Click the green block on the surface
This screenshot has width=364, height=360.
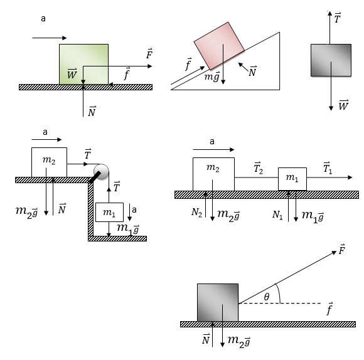pyautogui.click(x=83, y=64)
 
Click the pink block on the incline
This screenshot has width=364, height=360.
pyautogui.click(x=219, y=46)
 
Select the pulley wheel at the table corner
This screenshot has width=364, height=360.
pyautogui.click(x=101, y=172)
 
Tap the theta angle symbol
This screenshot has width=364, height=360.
pyautogui.click(x=267, y=297)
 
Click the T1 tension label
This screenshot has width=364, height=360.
pyautogui.click(x=328, y=168)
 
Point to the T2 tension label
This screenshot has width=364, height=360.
pyautogui.click(x=258, y=168)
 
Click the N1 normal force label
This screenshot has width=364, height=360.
pyautogui.click(x=277, y=214)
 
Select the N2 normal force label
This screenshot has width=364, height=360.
pyautogui.click(x=196, y=213)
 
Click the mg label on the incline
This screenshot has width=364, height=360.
pyautogui.click(x=212, y=77)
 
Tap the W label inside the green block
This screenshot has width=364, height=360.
pyautogui.click(x=72, y=73)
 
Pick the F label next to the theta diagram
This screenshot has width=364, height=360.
pyautogui.click(x=341, y=249)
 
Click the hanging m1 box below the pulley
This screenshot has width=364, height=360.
pyautogui.click(x=109, y=212)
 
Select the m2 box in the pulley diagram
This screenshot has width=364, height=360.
pyautogui.click(x=49, y=162)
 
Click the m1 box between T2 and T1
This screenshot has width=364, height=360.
pyautogui.click(x=292, y=179)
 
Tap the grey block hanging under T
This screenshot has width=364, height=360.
pyautogui.click(x=331, y=60)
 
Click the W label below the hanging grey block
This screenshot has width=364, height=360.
pyautogui.click(x=343, y=105)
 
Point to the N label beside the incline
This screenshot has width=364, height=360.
pyautogui.click(x=252, y=71)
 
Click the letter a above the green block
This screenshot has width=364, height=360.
pyautogui.click(x=43, y=19)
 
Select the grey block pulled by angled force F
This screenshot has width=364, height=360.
pyautogui.click(x=218, y=302)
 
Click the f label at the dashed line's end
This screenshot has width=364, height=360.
pyautogui.click(x=330, y=309)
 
